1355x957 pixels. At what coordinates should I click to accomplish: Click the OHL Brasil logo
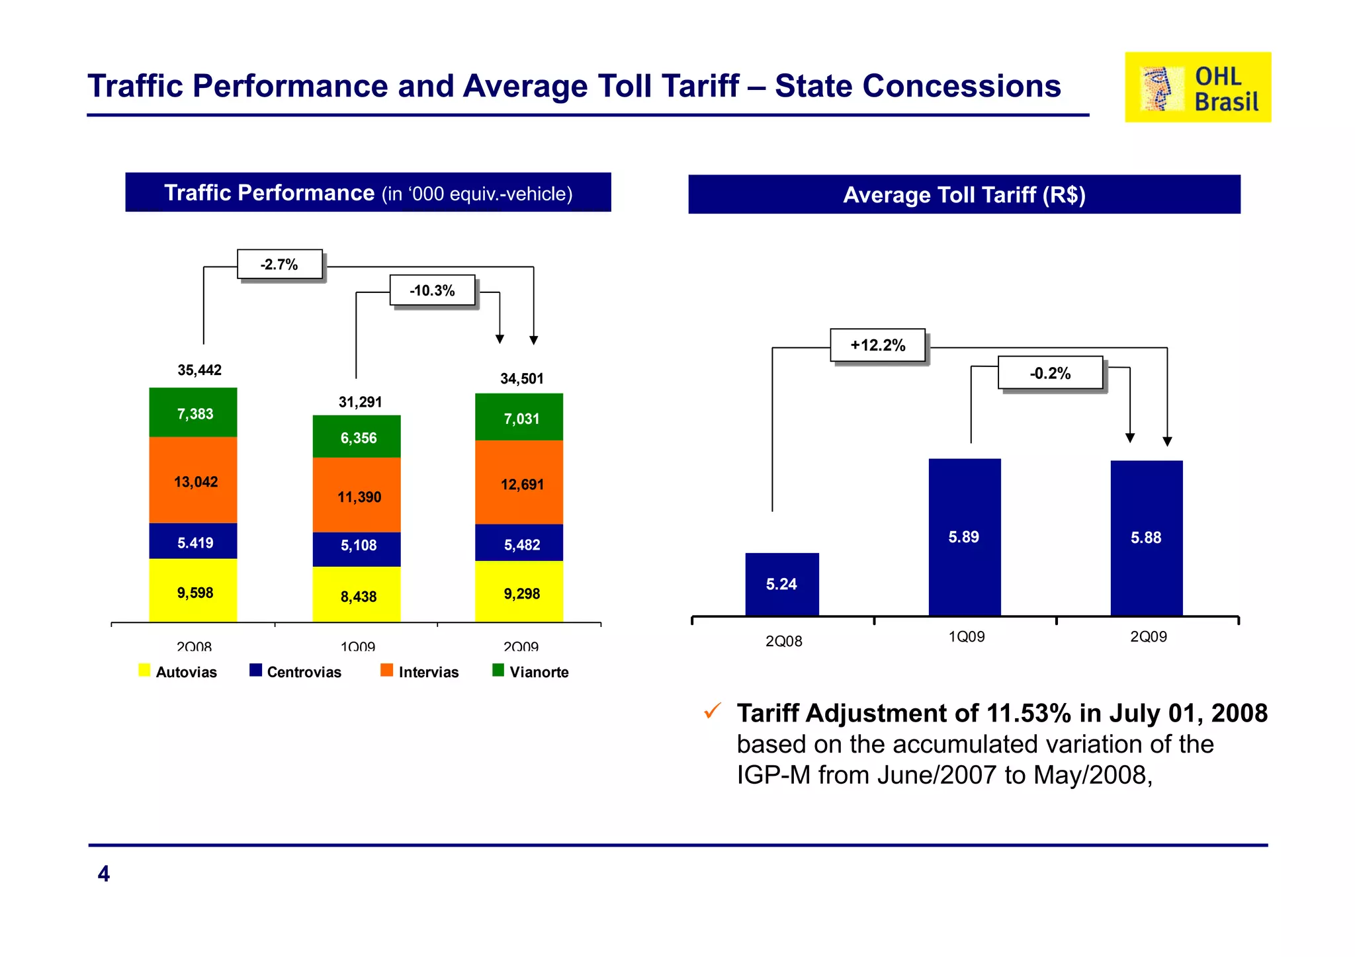pyautogui.click(x=1197, y=87)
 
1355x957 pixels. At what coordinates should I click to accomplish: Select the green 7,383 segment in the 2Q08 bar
pyautogui.click(x=193, y=413)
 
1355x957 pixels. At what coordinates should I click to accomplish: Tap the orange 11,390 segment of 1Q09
pyautogui.click(x=357, y=496)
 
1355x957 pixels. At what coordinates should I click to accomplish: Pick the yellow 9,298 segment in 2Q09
pyautogui.click(x=519, y=593)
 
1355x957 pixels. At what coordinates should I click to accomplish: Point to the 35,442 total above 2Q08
pyautogui.click(x=199, y=370)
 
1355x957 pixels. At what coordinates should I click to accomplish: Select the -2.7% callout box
pyautogui.click(x=280, y=265)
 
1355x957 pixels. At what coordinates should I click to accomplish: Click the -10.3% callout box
pyautogui.click(x=433, y=290)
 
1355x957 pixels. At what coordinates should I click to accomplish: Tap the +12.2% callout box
pyautogui.click(x=878, y=345)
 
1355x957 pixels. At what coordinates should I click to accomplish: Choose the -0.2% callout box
pyautogui.click(x=1051, y=373)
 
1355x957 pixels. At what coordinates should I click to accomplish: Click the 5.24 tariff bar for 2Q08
pyautogui.click(x=782, y=584)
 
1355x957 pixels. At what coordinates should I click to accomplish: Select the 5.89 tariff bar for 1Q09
pyautogui.click(x=965, y=537)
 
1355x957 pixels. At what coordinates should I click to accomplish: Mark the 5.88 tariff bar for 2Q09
pyautogui.click(x=1147, y=537)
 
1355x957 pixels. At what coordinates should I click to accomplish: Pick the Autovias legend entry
pyautogui.click(x=179, y=672)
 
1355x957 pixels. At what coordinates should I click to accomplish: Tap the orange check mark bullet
pyautogui.click(x=713, y=712)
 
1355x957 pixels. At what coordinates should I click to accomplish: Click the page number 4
pyautogui.click(x=104, y=874)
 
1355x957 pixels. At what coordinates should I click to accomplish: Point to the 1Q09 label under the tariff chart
pyautogui.click(x=967, y=637)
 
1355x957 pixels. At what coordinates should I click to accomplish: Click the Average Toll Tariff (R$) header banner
pyautogui.click(x=964, y=194)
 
